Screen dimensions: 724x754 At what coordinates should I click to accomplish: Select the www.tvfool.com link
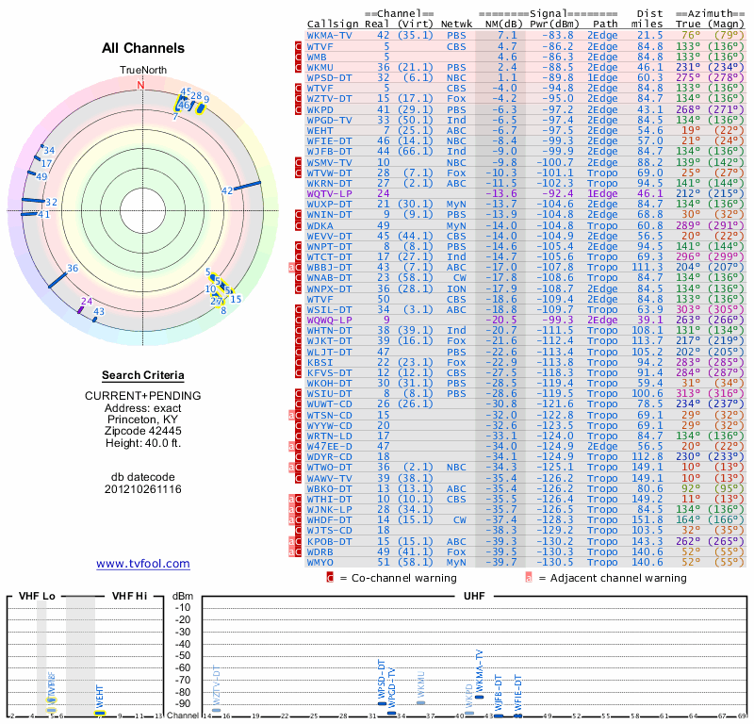pyautogui.click(x=143, y=564)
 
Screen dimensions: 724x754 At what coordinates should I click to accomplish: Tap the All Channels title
pyautogui.click(x=143, y=48)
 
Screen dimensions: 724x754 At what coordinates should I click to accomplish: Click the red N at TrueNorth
pyautogui.click(x=141, y=85)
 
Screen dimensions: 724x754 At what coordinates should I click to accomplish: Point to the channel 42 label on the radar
pyautogui.click(x=227, y=190)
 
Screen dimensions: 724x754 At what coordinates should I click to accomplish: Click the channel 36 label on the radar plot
pyautogui.click(x=73, y=269)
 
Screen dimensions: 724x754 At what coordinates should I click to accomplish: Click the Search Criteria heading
pyautogui.click(x=142, y=374)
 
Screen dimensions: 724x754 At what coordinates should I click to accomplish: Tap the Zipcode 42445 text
pyautogui.click(x=143, y=428)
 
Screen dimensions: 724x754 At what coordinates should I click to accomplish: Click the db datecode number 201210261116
pyautogui.click(x=143, y=489)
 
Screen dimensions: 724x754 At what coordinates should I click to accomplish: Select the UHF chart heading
pyautogui.click(x=475, y=596)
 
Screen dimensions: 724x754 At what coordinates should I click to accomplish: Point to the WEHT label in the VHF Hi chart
pyautogui.click(x=100, y=698)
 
